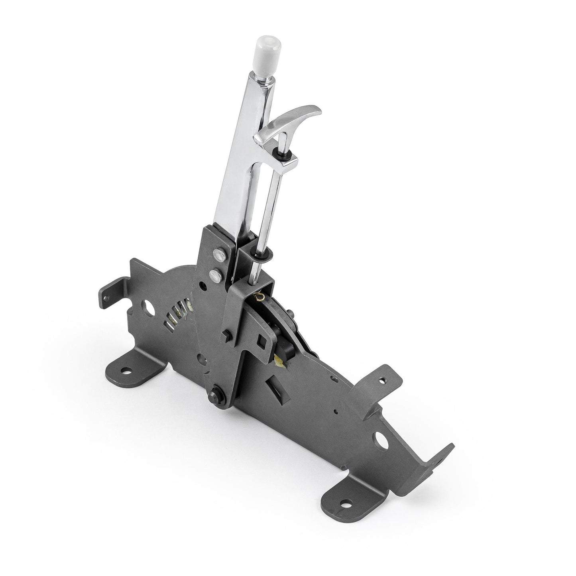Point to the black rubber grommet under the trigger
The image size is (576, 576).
287,153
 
